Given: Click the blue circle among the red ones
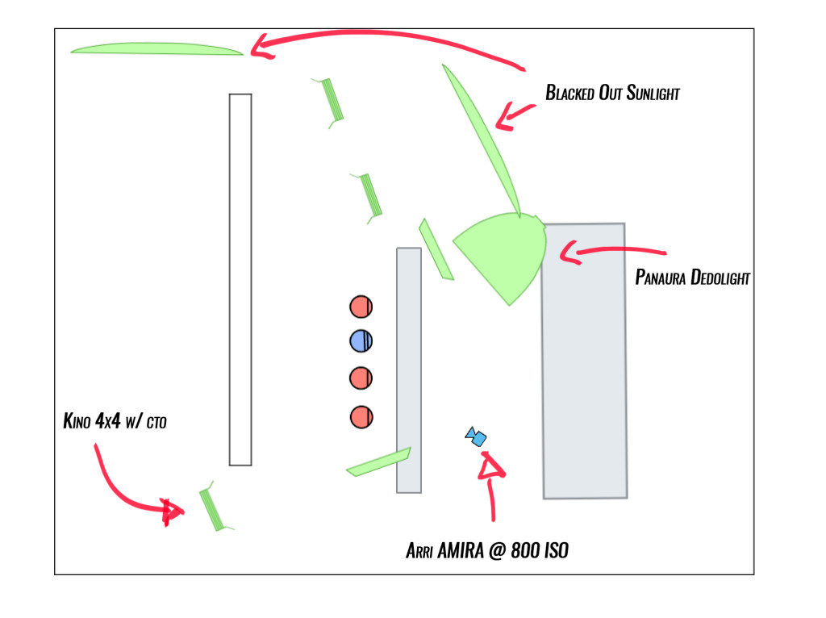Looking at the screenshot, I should pos(361,341).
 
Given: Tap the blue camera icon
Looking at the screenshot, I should pos(476,437).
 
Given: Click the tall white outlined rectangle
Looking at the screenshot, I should pos(240,279).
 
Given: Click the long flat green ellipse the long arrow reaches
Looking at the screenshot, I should pos(156,49).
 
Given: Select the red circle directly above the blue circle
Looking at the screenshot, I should pos(361,307).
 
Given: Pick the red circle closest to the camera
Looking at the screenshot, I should pos(361,416).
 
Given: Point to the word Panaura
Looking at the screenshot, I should pos(661,278).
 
